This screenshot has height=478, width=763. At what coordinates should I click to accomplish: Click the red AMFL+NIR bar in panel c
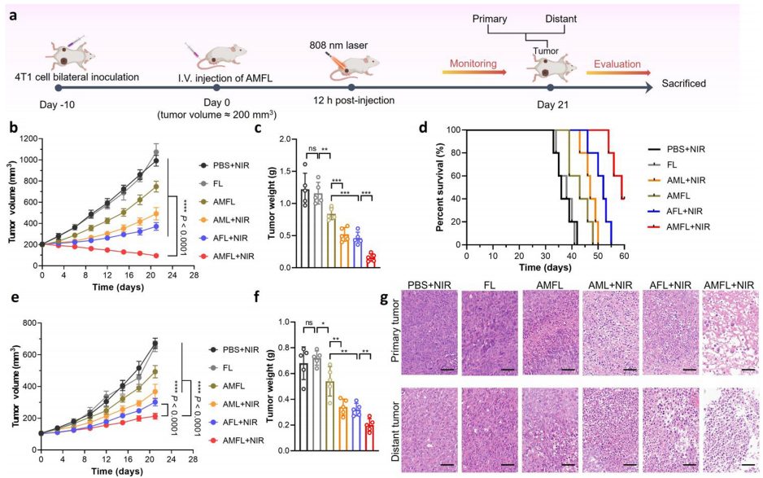[x=371, y=261]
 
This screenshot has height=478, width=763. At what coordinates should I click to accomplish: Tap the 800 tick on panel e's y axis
[x=31, y=323]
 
